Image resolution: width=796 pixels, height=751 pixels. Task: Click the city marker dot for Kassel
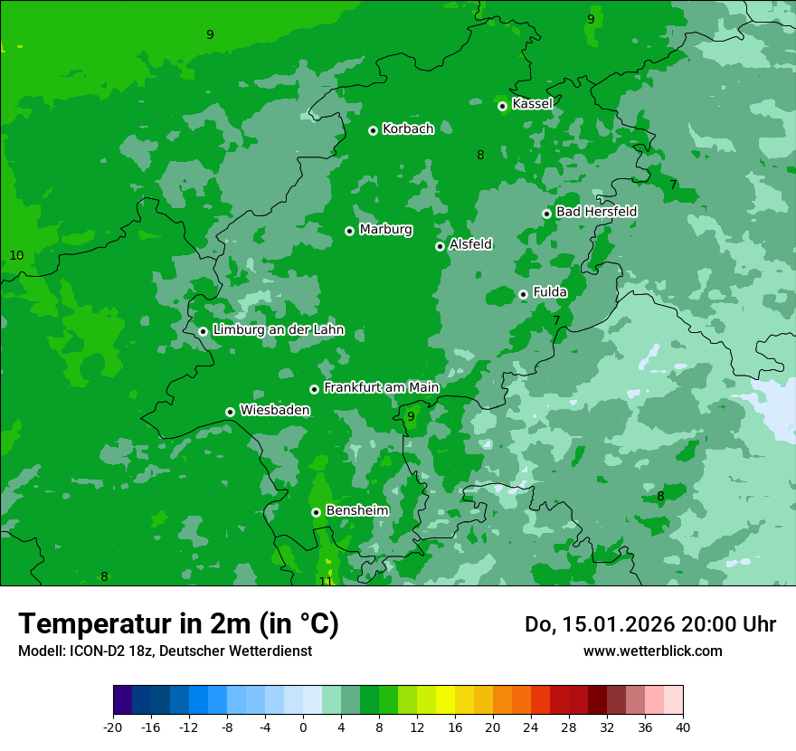(502, 106)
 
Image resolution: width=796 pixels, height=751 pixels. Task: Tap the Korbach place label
(408, 128)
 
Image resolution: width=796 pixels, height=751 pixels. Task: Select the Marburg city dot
(349, 231)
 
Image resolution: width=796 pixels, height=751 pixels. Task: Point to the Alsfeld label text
(470, 244)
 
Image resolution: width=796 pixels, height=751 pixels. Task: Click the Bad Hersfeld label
(596, 212)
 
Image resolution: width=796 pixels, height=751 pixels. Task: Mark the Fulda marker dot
(523, 294)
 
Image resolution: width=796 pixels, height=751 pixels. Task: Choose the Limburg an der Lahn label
(278, 330)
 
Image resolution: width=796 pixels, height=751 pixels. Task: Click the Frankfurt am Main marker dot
(314, 389)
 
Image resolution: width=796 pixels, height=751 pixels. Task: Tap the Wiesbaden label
(275, 410)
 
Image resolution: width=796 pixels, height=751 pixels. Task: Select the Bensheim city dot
(316, 512)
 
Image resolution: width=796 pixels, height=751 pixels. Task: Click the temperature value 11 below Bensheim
(326, 581)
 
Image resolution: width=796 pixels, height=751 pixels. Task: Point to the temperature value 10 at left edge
(16, 255)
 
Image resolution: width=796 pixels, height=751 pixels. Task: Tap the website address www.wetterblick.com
(652, 651)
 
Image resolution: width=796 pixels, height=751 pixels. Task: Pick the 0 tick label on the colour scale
(303, 727)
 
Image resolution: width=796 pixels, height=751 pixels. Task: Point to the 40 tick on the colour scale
(683, 727)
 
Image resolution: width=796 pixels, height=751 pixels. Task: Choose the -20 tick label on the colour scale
(113, 727)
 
